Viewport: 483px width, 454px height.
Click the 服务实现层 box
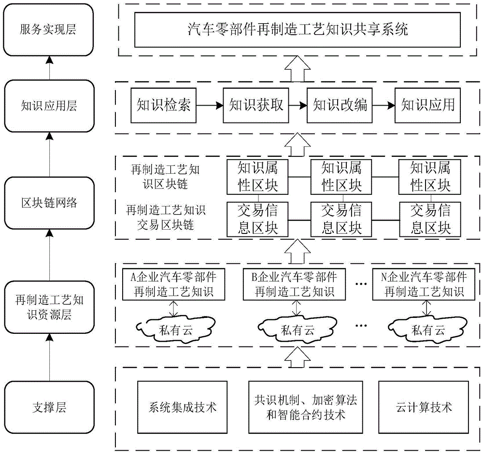pos(48,30)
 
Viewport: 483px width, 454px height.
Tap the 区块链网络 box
pos(48,203)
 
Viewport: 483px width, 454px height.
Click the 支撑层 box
pos(48,407)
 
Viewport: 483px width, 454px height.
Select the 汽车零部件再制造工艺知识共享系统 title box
pos(298,30)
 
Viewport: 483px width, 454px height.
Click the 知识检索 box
pos(161,105)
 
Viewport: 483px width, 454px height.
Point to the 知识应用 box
pos(428,105)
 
